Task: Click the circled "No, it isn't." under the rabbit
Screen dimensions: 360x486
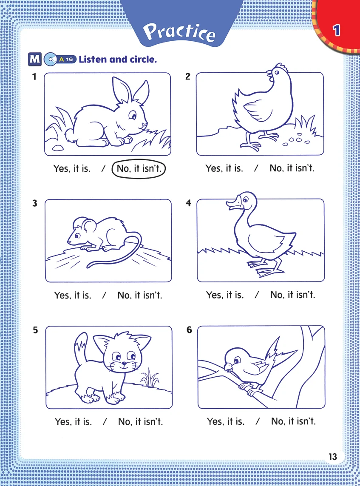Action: point(139,169)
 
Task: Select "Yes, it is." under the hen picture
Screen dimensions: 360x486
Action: point(224,168)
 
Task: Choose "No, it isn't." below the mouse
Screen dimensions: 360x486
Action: point(140,295)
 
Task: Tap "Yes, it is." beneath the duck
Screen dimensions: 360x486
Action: point(225,295)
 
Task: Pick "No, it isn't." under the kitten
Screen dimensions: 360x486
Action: point(140,421)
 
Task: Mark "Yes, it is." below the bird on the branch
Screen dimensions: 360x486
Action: point(226,421)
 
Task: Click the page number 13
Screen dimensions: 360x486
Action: point(333,457)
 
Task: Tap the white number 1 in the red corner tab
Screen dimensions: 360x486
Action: point(337,30)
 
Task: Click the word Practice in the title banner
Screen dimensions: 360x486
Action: point(179,32)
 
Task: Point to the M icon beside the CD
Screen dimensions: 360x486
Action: point(35,59)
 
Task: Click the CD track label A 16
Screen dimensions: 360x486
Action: point(66,59)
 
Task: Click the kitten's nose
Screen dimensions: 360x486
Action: point(124,363)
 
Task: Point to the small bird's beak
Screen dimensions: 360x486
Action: point(228,367)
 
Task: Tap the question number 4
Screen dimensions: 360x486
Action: point(188,203)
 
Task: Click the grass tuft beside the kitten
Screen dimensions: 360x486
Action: point(150,378)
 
